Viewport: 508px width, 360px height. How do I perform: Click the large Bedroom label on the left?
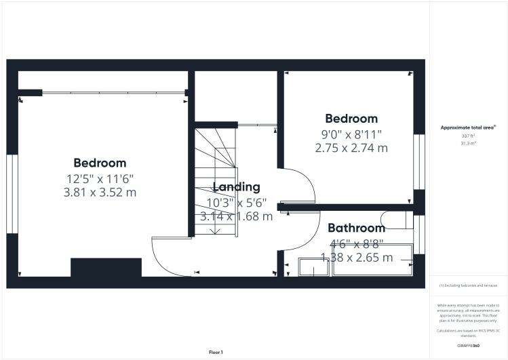click(x=100, y=163)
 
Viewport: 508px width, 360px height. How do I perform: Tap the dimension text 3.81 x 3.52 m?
click(x=100, y=192)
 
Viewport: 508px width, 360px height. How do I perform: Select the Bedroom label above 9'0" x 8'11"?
click(x=351, y=119)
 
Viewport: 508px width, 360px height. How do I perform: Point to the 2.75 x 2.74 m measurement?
click(x=351, y=147)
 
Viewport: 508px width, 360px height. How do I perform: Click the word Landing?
click(x=236, y=187)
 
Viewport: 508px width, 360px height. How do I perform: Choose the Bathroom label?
click(x=356, y=228)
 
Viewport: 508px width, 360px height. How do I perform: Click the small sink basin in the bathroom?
click(x=313, y=268)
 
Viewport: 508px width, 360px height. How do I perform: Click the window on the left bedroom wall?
click(x=12, y=194)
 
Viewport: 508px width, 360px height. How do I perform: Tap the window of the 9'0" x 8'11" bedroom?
click(x=419, y=161)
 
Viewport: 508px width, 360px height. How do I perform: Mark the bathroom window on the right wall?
click(x=419, y=234)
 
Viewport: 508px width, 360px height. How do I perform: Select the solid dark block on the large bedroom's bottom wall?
click(x=106, y=267)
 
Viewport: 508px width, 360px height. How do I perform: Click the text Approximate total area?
click(x=468, y=127)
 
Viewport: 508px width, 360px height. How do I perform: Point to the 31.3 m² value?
click(x=468, y=144)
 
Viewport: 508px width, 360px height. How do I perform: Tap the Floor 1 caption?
click(x=215, y=352)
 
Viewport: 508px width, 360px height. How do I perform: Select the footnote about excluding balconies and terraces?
click(x=469, y=285)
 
